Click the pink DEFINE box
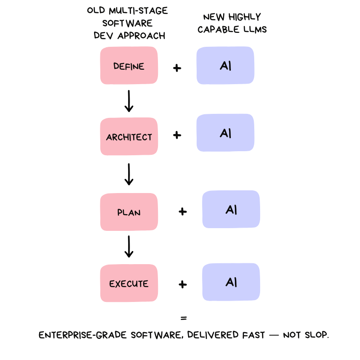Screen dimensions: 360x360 point(129,66)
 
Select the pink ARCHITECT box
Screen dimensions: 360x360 point(129,137)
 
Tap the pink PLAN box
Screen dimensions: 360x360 point(129,212)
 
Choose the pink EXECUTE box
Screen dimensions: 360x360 point(129,283)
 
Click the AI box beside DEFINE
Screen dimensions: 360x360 point(225,65)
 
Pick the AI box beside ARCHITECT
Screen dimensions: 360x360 point(225,133)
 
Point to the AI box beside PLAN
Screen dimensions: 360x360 point(231,209)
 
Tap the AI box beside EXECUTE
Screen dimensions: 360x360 point(231,282)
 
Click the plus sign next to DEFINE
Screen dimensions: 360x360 point(177,68)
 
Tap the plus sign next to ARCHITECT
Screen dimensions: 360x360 point(177,135)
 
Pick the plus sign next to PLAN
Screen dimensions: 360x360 point(183,211)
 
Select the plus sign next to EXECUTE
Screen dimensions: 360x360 point(183,284)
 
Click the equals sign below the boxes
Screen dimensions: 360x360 point(183,318)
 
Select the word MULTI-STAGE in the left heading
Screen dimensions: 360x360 point(139,10)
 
